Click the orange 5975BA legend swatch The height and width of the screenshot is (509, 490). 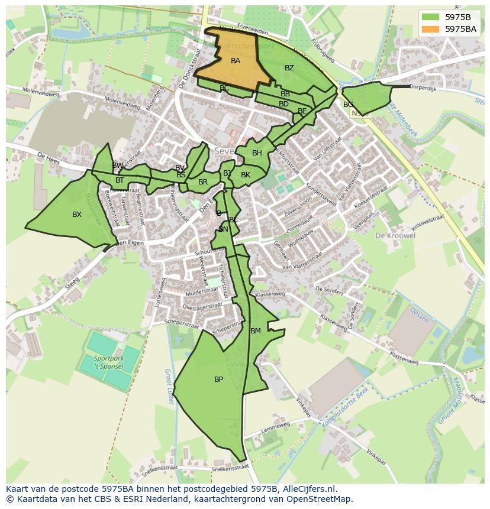click(431, 28)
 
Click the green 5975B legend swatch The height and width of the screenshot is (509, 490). click(431, 17)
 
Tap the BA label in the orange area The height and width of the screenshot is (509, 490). click(236, 61)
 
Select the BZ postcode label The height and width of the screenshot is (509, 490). click(289, 68)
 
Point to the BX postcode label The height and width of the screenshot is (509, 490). click(77, 215)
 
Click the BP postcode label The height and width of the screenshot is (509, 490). click(219, 380)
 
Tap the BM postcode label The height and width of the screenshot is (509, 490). click(256, 331)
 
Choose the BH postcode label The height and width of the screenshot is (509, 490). click(257, 153)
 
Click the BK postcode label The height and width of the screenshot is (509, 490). click(246, 175)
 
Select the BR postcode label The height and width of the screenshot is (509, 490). click(203, 182)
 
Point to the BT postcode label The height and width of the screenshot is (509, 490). click(120, 180)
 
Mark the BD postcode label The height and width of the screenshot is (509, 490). click(284, 104)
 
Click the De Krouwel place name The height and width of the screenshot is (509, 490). click(395, 235)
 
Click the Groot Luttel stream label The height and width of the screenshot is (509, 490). click(168, 387)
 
